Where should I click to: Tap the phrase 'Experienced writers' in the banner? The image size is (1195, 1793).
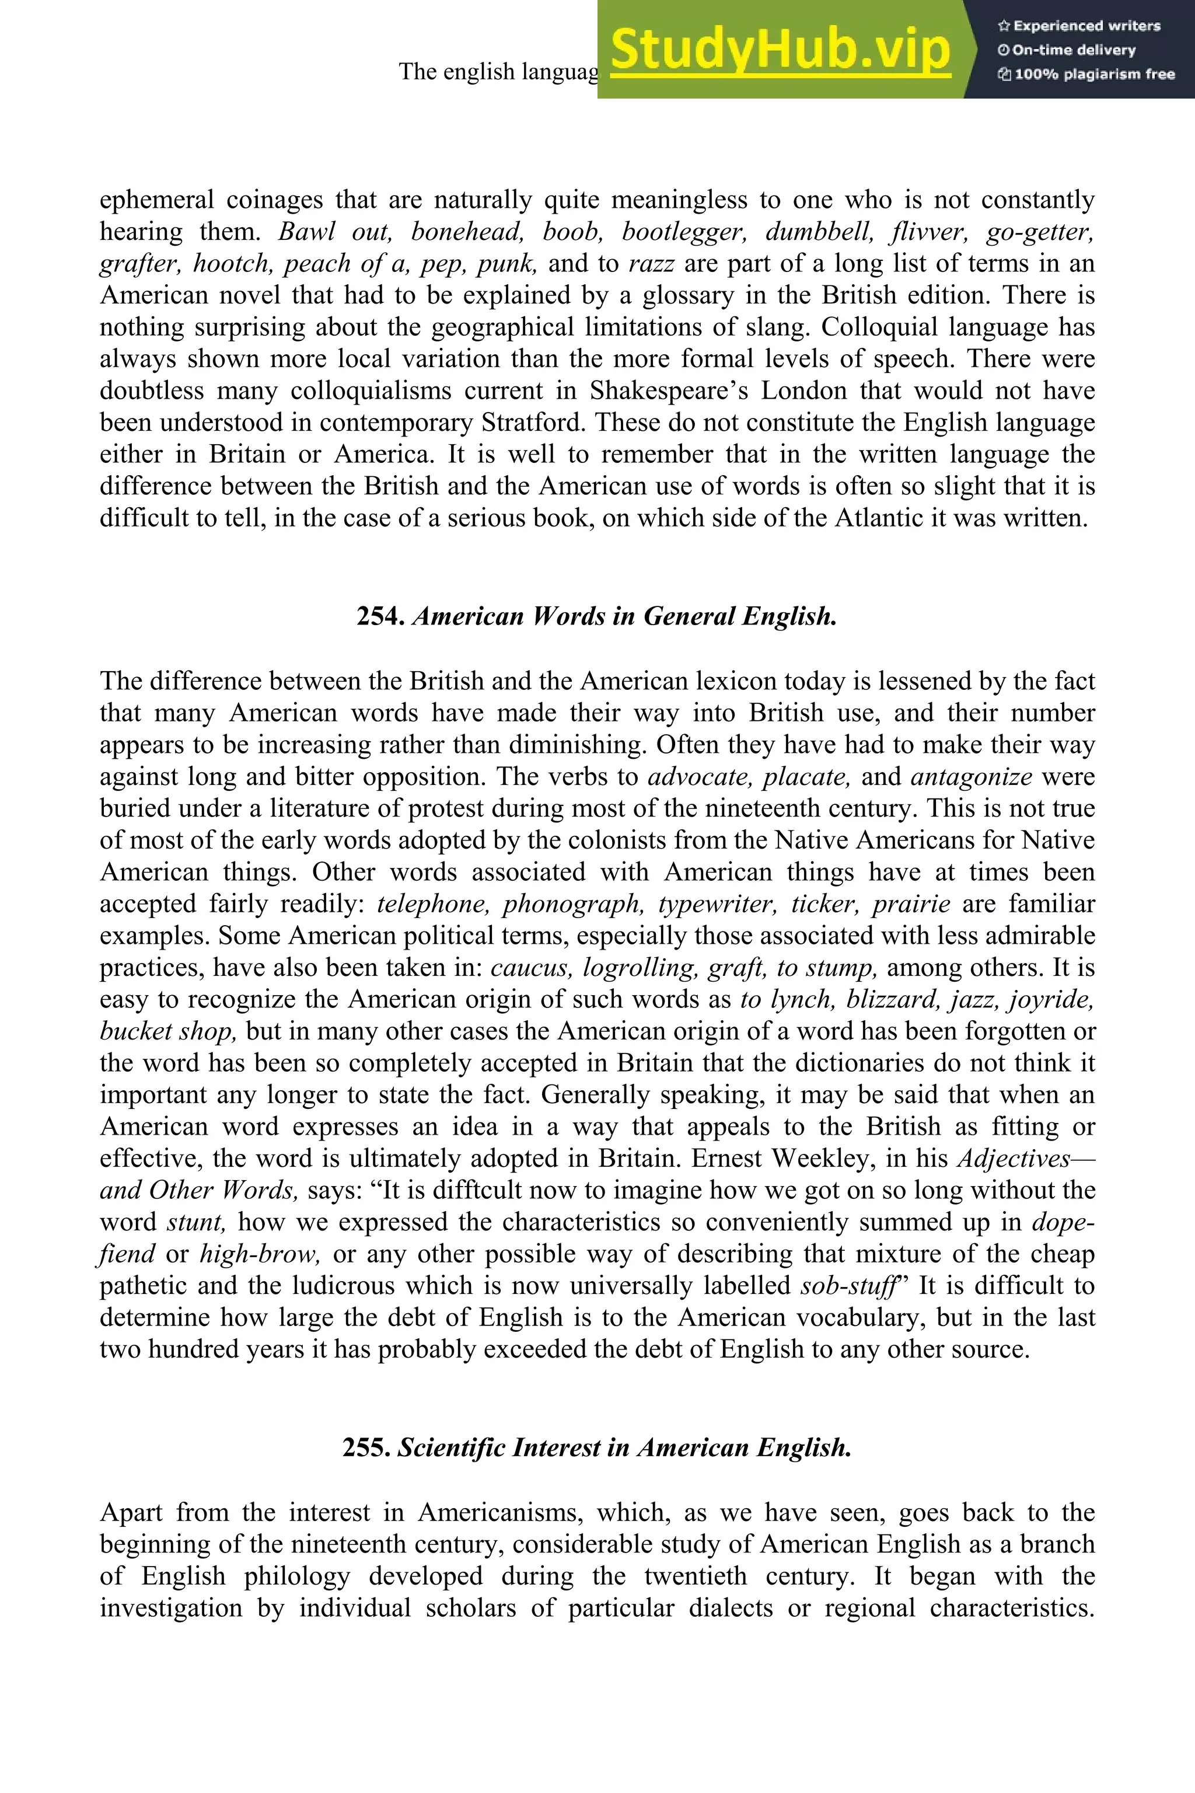pos(1086,26)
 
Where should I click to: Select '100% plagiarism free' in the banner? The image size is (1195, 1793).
pos(1093,75)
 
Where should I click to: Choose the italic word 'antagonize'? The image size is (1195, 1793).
pos(972,776)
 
